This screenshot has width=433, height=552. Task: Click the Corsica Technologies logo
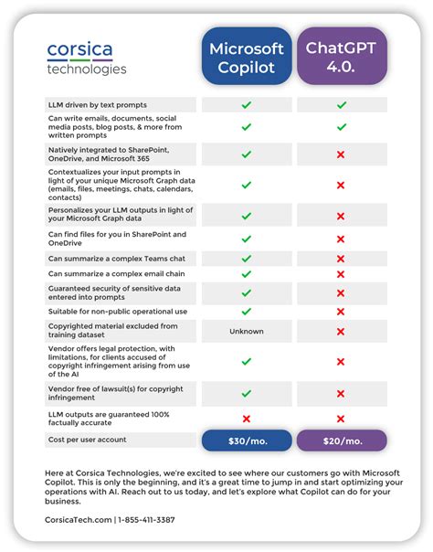(x=87, y=57)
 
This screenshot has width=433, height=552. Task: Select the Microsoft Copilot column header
(x=246, y=57)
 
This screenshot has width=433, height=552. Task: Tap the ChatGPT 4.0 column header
(x=341, y=57)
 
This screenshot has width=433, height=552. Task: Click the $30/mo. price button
(x=246, y=441)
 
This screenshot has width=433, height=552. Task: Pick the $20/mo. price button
(x=341, y=441)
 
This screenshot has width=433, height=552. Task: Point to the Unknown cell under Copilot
(x=246, y=332)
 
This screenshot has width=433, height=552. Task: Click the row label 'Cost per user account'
(x=87, y=441)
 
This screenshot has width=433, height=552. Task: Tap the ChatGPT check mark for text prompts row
(x=341, y=105)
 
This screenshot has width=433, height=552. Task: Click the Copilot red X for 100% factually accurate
(x=246, y=419)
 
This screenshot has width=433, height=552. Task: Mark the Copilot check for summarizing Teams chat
(x=246, y=259)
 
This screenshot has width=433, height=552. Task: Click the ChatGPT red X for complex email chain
(x=341, y=274)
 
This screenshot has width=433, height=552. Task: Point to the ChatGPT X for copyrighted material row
(x=341, y=332)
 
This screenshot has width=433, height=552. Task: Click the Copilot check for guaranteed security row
(x=246, y=292)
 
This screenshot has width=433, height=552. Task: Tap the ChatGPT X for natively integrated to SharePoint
(x=341, y=154)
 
